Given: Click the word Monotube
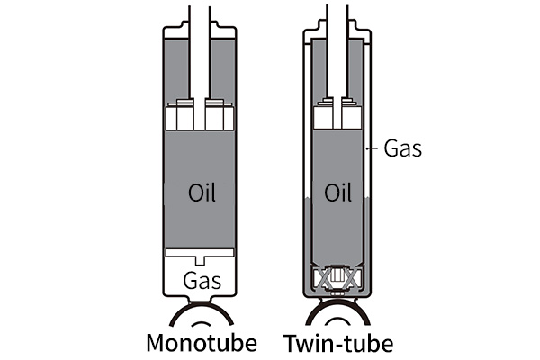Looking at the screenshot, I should (x=202, y=343).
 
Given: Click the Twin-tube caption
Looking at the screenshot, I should (x=338, y=343).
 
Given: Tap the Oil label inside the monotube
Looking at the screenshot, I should (x=202, y=193).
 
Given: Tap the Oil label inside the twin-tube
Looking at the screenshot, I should (x=337, y=193).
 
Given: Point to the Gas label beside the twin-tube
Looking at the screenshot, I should (x=402, y=148).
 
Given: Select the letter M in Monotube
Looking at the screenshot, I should (x=157, y=343).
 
